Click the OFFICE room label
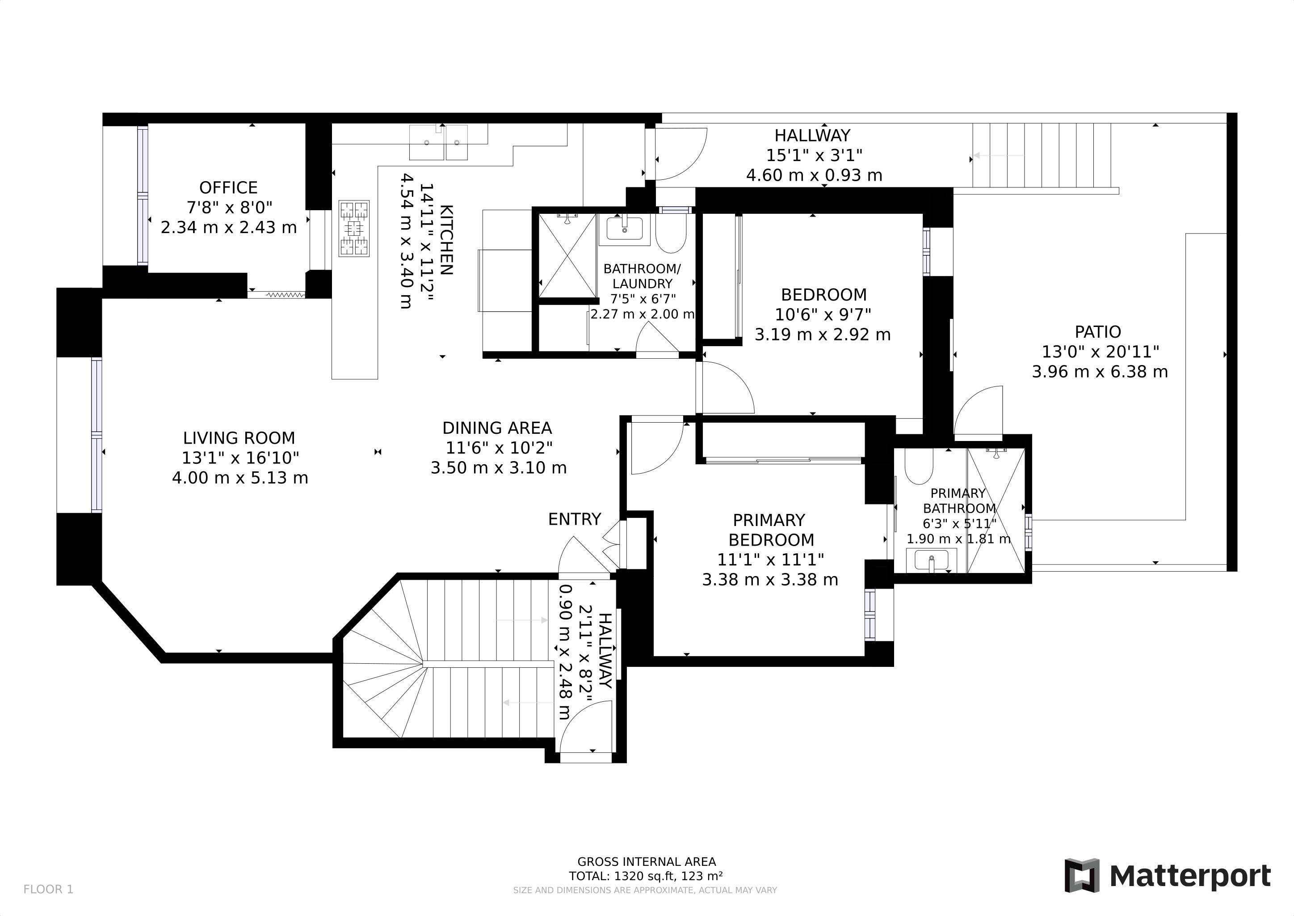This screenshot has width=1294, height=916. [x=228, y=187]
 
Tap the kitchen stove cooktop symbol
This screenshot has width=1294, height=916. [x=354, y=229]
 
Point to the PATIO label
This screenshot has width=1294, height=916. [x=1098, y=332]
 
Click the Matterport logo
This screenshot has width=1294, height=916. [x=1167, y=875]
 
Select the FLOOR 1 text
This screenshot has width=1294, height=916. [x=48, y=890]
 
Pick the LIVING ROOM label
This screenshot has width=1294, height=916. [x=239, y=438]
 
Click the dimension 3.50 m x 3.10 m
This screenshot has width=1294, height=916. [x=499, y=467]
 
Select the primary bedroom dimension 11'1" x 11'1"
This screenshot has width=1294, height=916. [x=770, y=560]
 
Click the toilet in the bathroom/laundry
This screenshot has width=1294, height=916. [x=671, y=233]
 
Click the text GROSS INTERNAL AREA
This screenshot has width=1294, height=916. [x=647, y=862]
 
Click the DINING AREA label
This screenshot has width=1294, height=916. [x=497, y=428]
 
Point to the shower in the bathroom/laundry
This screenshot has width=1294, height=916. [x=567, y=255]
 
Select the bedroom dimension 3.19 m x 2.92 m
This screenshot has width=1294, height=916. [x=823, y=335]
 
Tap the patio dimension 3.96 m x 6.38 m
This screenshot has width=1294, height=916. [x=1100, y=372]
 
